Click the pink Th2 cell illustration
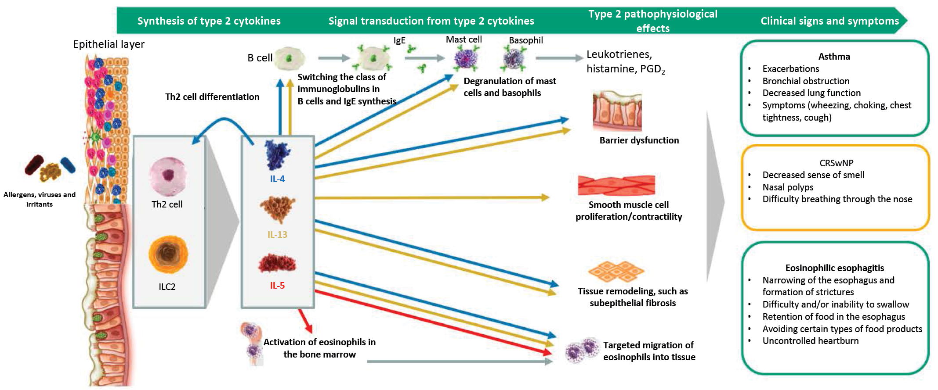click(167, 176)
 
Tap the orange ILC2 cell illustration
click(168, 254)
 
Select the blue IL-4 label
click(277, 179)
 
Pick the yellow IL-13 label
click(277, 235)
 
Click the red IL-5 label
click(277, 286)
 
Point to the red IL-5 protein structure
click(277, 263)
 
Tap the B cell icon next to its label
click(290, 58)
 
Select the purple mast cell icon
click(465, 59)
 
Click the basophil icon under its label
click(513, 59)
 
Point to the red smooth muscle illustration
click(616, 186)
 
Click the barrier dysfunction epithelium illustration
click(617, 111)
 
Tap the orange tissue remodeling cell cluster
click(616, 272)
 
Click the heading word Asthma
click(834, 57)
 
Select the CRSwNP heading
click(836, 163)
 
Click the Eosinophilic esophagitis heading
click(834, 268)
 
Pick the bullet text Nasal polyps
click(788, 187)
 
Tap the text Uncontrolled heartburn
click(810, 341)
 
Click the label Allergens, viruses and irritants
click(40, 199)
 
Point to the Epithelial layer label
click(109, 44)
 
